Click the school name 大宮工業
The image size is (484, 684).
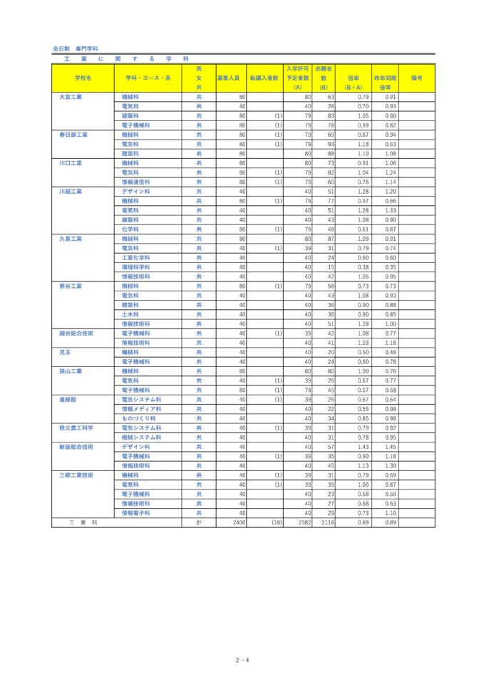[71, 96]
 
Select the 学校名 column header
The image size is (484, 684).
[83, 78]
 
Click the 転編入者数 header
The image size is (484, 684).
[264, 78]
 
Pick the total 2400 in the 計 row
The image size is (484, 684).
[239, 522]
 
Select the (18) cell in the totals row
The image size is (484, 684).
[276, 522]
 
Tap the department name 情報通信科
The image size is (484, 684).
[136, 182]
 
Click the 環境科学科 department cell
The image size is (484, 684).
[136, 266]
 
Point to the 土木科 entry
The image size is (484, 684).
[130, 314]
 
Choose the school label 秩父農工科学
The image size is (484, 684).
[76, 427]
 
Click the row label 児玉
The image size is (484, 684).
[65, 352]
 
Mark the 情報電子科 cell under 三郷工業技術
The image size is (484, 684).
[136, 513]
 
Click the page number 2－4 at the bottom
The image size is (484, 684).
[242, 660]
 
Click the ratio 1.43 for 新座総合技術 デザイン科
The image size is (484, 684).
[362, 447]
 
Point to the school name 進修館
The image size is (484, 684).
[68, 399]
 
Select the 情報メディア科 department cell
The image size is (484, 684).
[141, 409]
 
